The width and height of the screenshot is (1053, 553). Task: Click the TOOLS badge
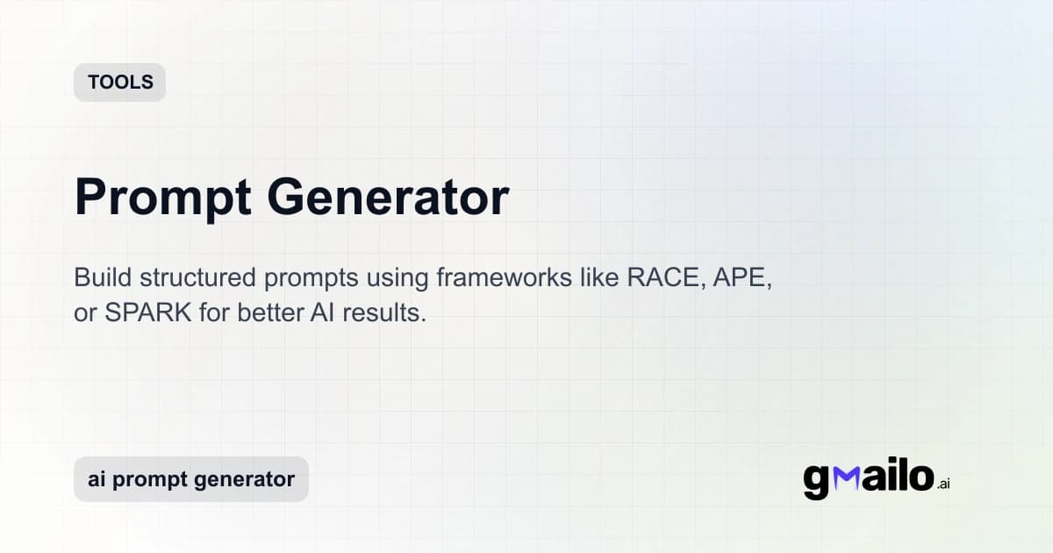pyautogui.click(x=120, y=83)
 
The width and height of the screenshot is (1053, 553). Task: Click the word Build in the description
pyautogui.click(x=99, y=279)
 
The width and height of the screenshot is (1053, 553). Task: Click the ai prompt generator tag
pyautogui.click(x=191, y=479)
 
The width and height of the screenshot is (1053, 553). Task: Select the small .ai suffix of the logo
pyautogui.click(x=943, y=484)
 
